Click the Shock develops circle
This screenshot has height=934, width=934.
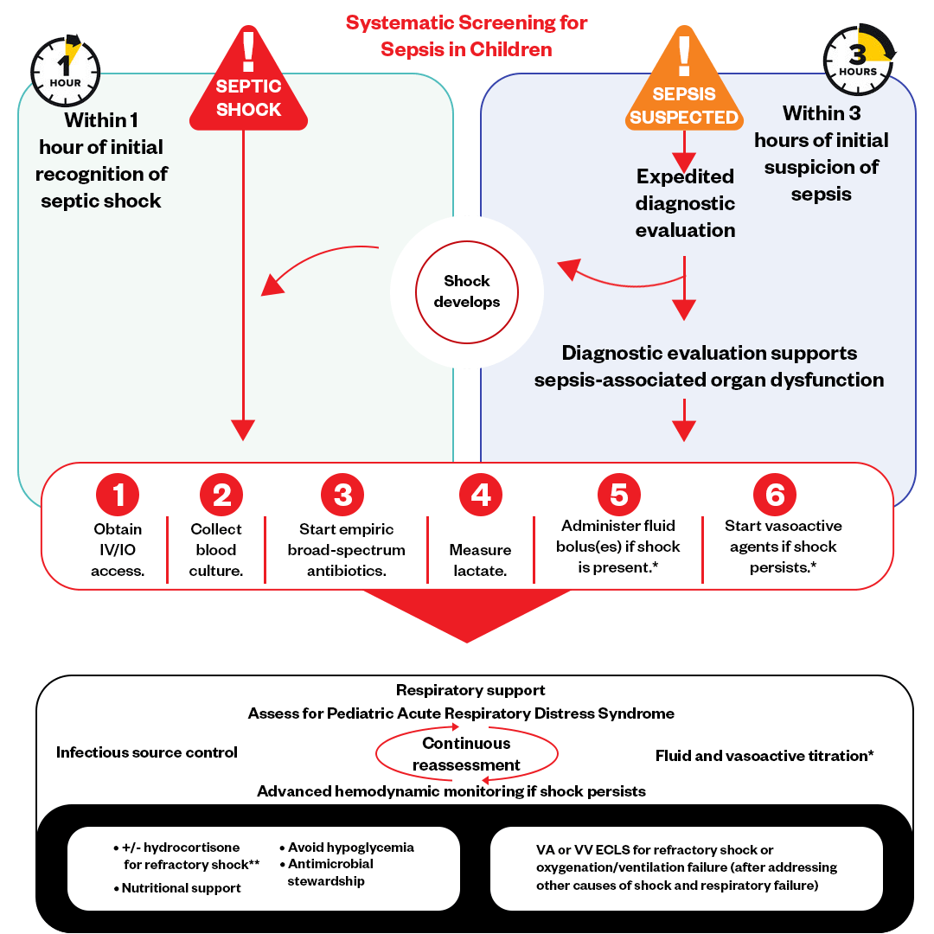pos(467,291)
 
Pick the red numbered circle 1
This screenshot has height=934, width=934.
pos(118,495)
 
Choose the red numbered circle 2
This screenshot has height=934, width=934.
pos(221,495)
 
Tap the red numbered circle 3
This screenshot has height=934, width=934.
pos(342,495)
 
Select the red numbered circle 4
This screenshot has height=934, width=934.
pos(480,495)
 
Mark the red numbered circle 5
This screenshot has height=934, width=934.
pos(619,495)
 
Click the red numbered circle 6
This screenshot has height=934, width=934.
pos(775,495)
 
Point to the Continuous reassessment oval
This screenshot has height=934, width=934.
pos(467,754)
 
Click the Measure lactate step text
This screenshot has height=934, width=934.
pos(480,560)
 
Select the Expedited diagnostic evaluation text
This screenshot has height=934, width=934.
pos(685,203)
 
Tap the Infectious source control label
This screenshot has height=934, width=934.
pos(147,752)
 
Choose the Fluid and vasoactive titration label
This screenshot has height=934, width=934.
pos(764,756)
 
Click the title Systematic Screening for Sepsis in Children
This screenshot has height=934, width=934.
pos(467,35)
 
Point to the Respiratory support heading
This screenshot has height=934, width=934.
pos(470,690)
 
